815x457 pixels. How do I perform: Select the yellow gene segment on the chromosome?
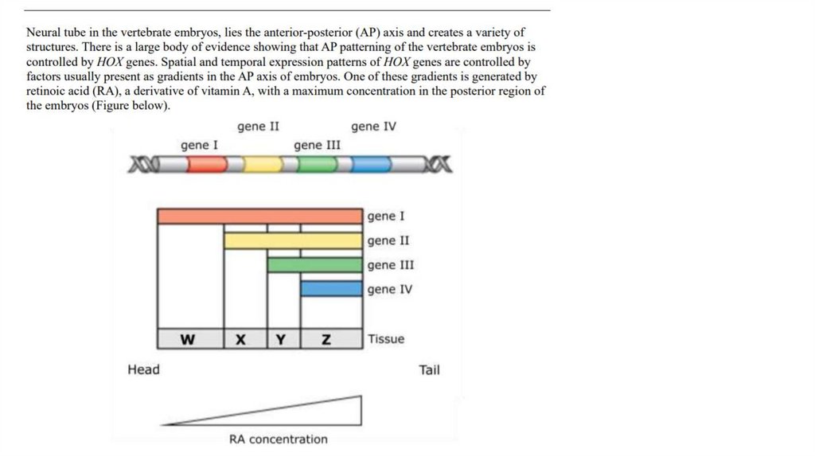pos(263,165)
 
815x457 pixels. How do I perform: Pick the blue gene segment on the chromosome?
pos(372,165)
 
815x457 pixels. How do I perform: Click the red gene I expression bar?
pos(259,217)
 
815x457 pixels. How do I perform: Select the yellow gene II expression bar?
pos(293,240)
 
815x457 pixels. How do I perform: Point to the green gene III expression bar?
pos(314,265)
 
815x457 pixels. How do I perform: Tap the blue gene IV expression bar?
pos(331,289)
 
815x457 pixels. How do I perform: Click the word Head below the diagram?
pos(143,369)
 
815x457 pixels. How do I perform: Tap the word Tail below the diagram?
pos(429,369)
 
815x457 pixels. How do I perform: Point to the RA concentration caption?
pos(278,439)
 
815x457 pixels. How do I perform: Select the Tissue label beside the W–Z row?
pos(386,339)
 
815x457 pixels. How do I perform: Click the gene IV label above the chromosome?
pos(373,127)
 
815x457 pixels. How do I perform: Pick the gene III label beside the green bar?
pos(391,265)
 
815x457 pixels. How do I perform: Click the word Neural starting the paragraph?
pos(45,33)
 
